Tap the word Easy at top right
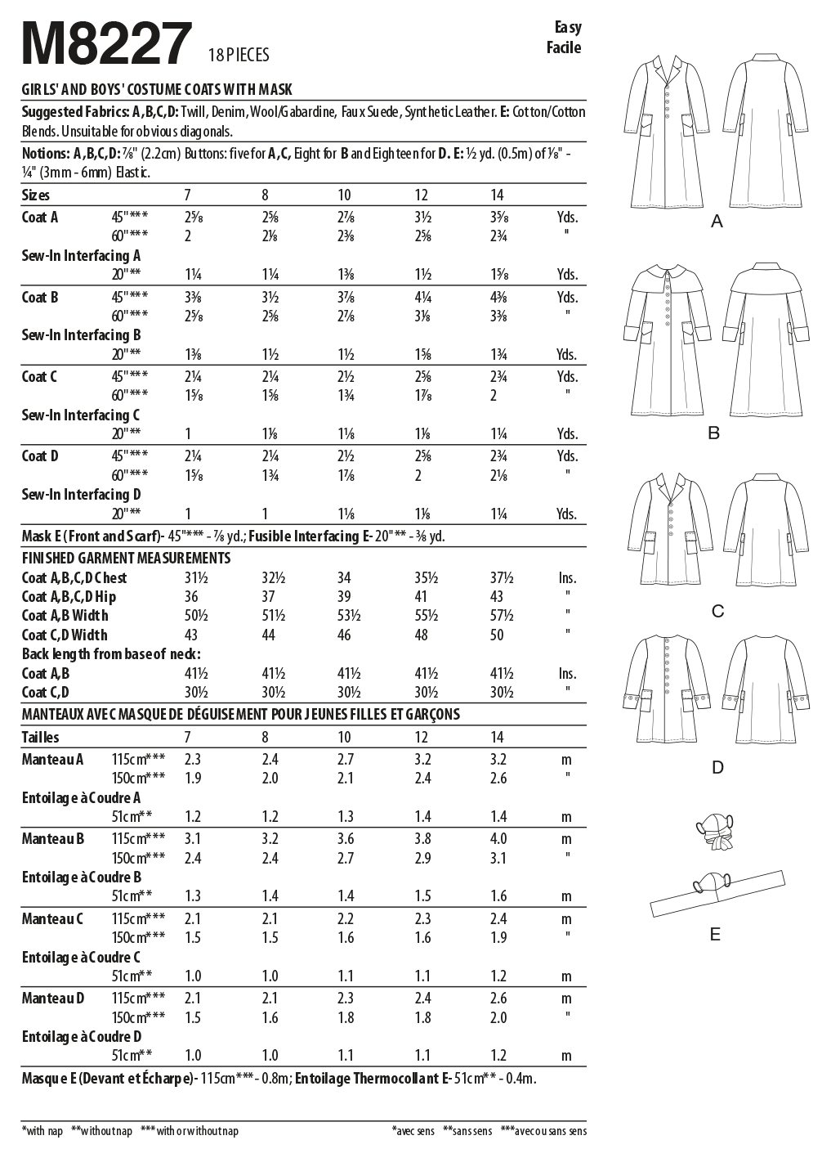(x=566, y=27)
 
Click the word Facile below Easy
(x=564, y=47)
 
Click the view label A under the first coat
(x=717, y=221)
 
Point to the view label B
(x=713, y=433)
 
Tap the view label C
(x=717, y=611)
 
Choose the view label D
(x=717, y=767)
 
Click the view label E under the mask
(x=716, y=934)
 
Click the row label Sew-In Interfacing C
(x=81, y=415)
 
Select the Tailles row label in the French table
(x=40, y=737)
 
